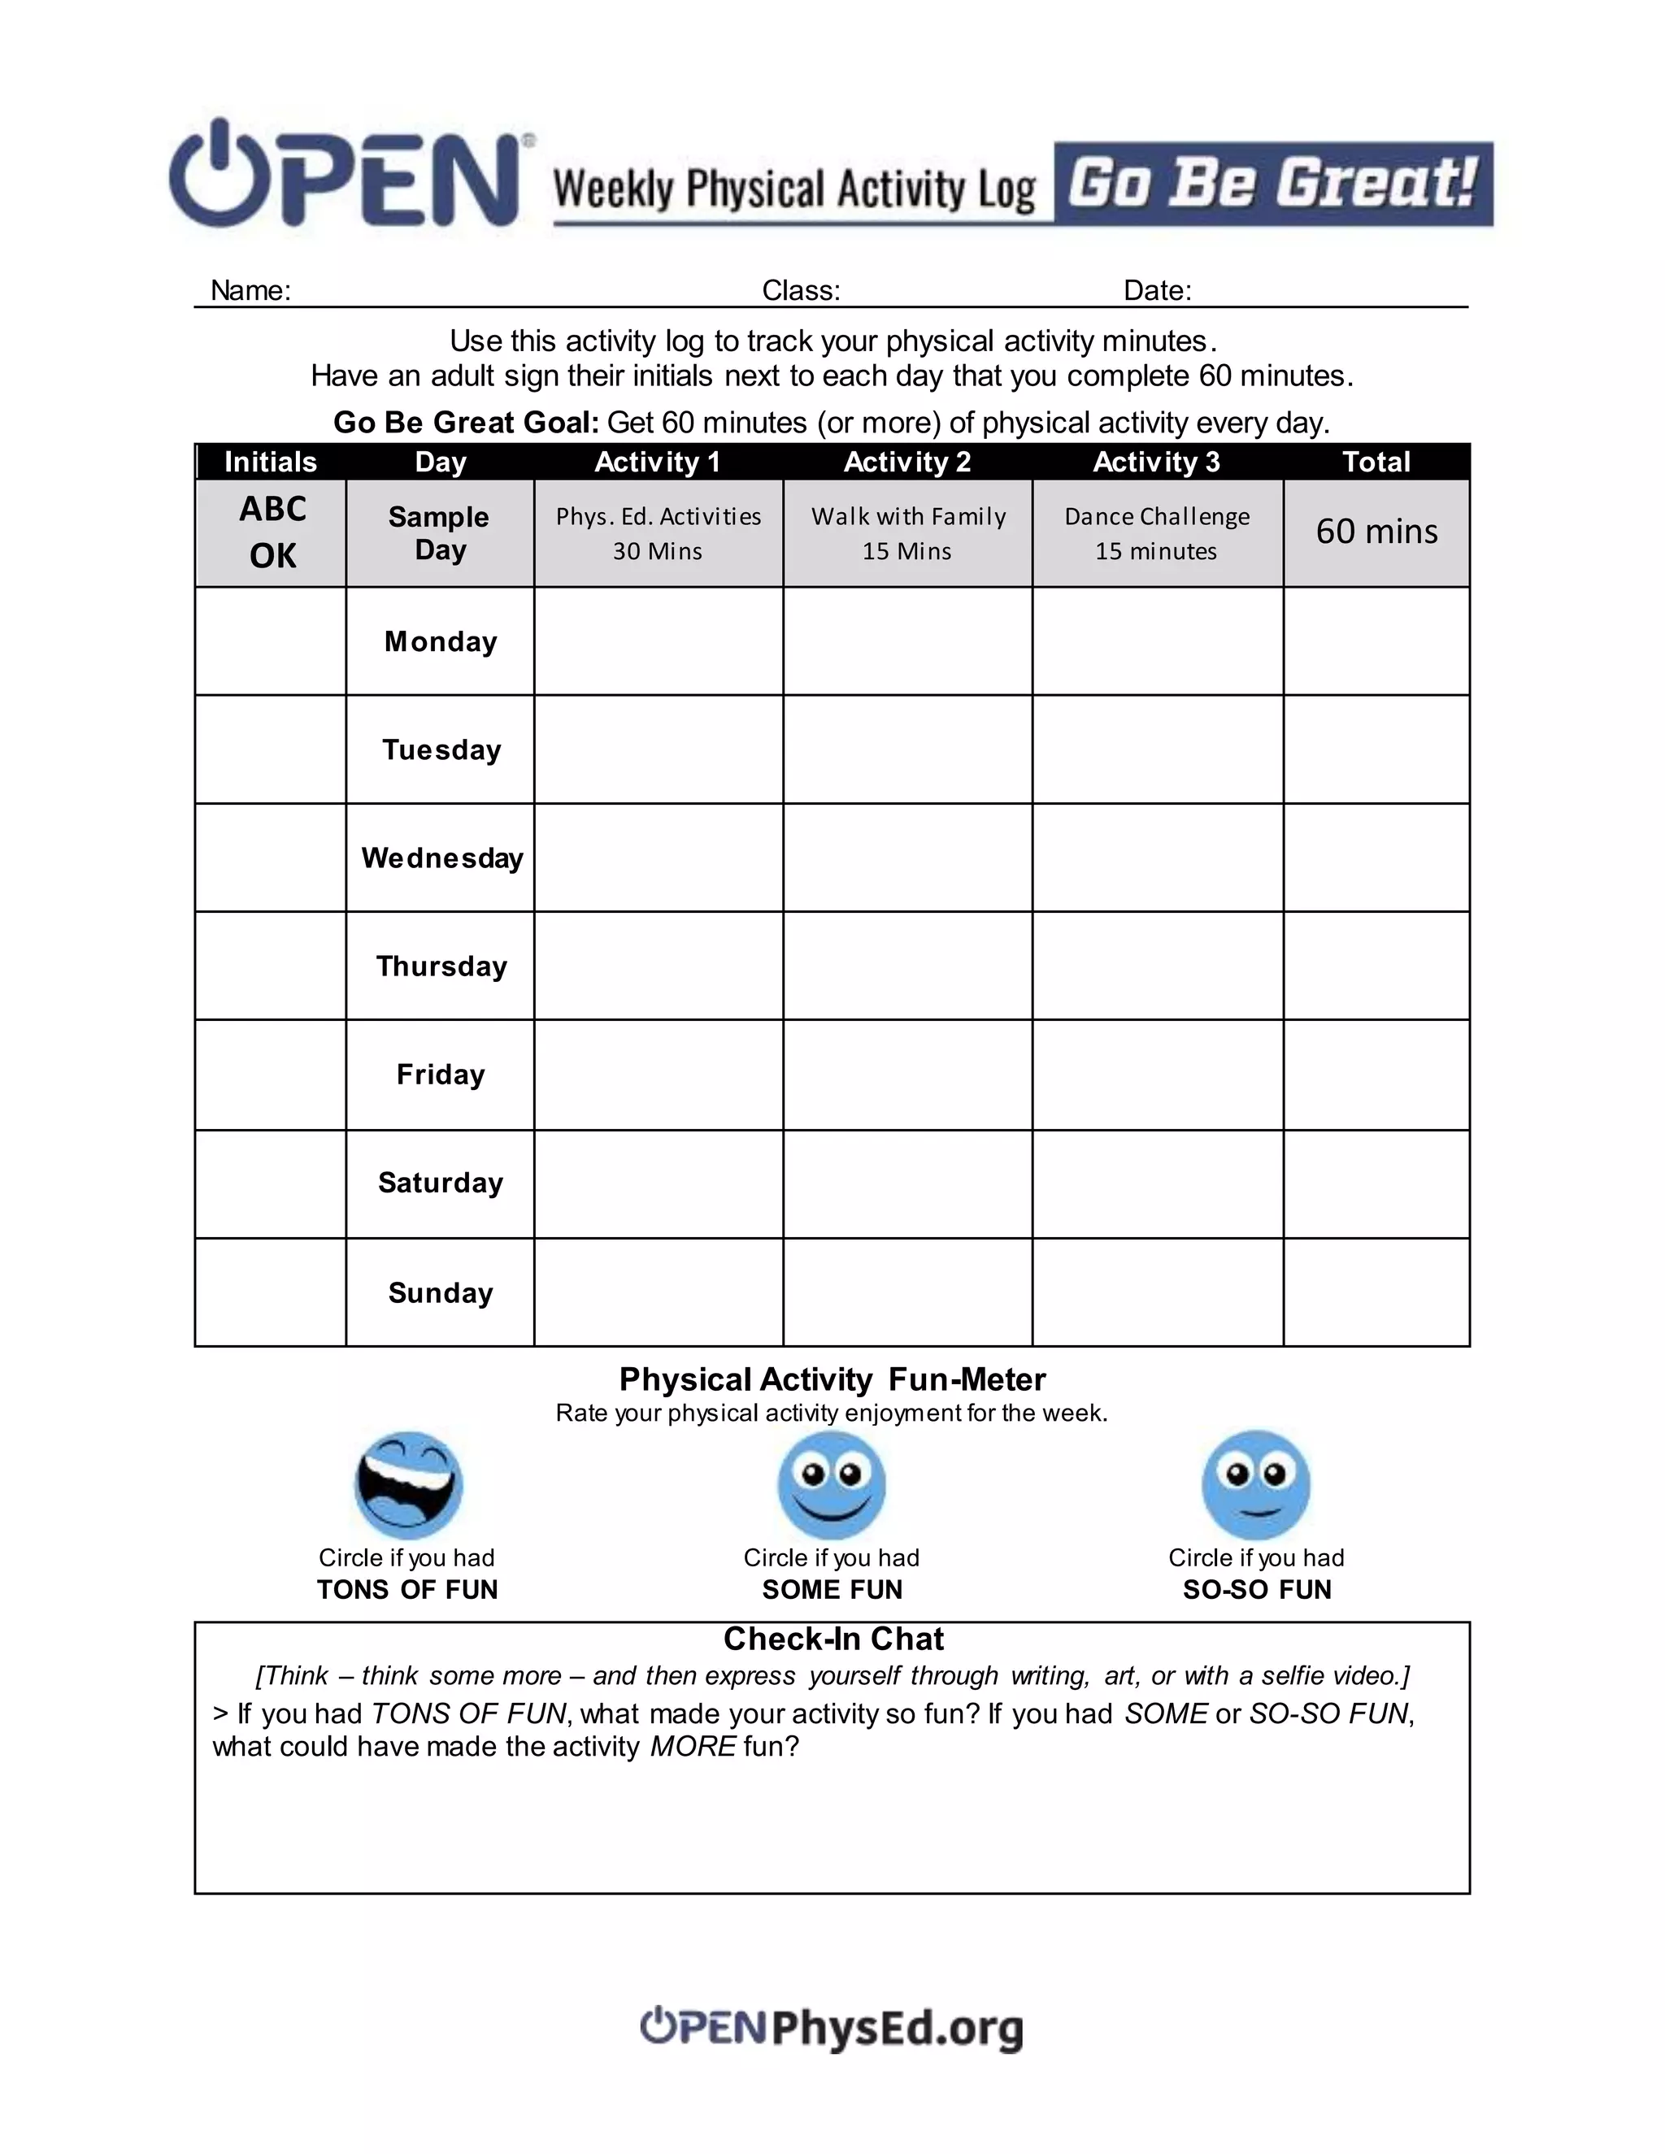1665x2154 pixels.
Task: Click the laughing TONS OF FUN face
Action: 408,1485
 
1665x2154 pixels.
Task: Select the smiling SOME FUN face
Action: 832,1485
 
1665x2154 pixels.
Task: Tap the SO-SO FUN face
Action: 1255,1485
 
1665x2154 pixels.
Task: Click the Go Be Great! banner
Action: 1272,185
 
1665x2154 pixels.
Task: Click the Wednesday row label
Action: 441,858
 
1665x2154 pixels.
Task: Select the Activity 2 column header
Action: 906,462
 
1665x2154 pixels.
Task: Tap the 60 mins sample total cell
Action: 1376,532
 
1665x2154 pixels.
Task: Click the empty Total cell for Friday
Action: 1376,1075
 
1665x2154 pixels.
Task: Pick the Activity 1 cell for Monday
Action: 658,641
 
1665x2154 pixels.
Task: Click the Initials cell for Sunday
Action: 270,1292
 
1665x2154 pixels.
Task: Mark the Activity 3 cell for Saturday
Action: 1157,1183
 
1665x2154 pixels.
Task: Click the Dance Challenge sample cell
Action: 1157,532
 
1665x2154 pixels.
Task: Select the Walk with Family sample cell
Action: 907,532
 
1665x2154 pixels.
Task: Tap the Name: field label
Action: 250,290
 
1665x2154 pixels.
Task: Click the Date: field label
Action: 1157,290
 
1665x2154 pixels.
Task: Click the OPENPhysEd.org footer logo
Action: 832,2028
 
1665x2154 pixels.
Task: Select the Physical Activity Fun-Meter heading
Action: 832,1379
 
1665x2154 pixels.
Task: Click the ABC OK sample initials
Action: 272,532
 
